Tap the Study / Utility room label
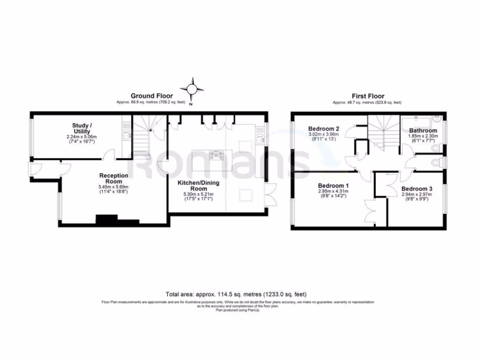pyautogui.click(x=82, y=128)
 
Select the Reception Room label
pyautogui.click(x=111, y=178)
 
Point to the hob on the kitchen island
pyautogui.click(x=217, y=156)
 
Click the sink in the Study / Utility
pyautogui.click(x=127, y=135)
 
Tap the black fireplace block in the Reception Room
pyautogui.click(x=107, y=219)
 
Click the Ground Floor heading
pyautogui.click(x=151, y=96)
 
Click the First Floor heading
pyautogui.click(x=367, y=96)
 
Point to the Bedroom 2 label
pyautogui.click(x=324, y=128)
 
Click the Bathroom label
pyautogui.click(x=423, y=130)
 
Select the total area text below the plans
pyautogui.click(x=236, y=294)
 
